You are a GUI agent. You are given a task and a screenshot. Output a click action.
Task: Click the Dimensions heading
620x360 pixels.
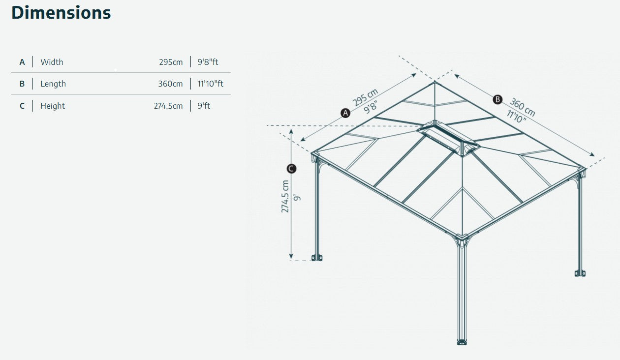(x=61, y=13)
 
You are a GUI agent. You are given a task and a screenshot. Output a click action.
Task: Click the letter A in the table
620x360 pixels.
(x=22, y=62)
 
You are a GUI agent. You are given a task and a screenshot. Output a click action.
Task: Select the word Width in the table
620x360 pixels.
(x=52, y=62)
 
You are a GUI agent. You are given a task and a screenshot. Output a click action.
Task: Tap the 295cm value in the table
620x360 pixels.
(x=171, y=62)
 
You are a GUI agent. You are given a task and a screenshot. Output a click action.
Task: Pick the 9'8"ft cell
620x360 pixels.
(x=208, y=62)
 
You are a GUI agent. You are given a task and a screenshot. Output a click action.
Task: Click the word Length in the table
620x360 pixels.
(x=53, y=84)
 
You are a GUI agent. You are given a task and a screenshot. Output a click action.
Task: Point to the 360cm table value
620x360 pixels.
(x=170, y=84)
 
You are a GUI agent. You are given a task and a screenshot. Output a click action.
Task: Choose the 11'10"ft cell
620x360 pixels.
(x=210, y=84)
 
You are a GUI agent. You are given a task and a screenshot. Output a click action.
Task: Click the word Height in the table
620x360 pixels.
(x=53, y=106)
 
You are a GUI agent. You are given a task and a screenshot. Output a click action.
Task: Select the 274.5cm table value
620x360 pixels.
(x=168, y=106)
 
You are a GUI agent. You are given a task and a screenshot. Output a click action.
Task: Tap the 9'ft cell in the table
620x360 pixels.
(x=204, y=106)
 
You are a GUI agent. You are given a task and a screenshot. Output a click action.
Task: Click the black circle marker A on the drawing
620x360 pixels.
(x=345, y=113)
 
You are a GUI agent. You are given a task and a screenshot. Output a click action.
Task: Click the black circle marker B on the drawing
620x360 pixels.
(x=497, y=99)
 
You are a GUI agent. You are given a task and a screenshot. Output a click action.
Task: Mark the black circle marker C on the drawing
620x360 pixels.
(x=291, y=169)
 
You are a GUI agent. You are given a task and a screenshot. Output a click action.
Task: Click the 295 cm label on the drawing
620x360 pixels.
(x=366, y=97)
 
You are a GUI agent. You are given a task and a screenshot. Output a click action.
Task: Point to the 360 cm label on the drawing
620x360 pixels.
(x=522, y=107)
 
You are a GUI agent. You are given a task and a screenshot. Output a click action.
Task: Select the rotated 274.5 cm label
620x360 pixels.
(x=285, y=196)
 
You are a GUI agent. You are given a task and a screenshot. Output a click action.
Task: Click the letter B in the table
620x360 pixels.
(x=22, y=84)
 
